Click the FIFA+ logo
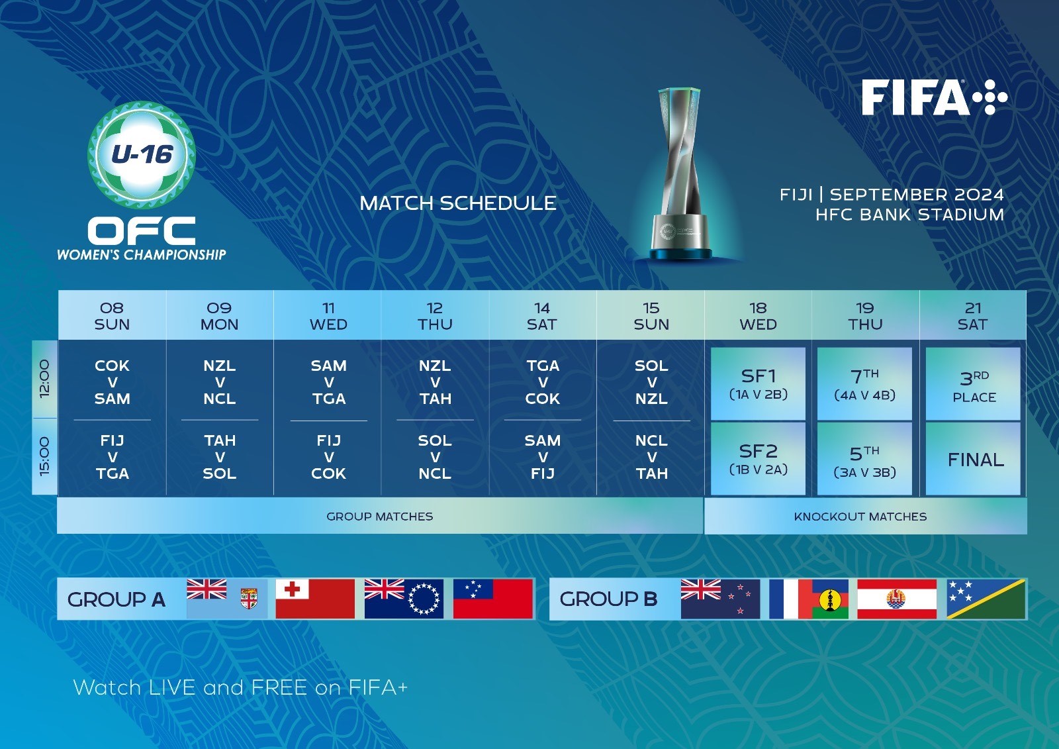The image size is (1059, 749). click(934, 97)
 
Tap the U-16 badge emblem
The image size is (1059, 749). click(142, 155)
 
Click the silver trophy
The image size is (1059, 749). click(681, 174)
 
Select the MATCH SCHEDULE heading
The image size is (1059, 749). click(457, 203)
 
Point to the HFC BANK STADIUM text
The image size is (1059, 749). click(909, 215)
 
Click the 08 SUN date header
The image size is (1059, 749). click(112, 316)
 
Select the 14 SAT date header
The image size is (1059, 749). click(542, 316)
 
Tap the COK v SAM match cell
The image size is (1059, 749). click(112, 382)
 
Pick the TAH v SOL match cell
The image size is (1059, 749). click(219, 457)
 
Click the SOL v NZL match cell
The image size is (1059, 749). click(651, 382)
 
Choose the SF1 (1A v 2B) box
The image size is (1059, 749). click(758, 383)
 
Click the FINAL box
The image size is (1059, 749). click(973, 459)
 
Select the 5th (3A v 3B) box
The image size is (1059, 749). click(864, 459)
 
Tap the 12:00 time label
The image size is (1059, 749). click(44, 379)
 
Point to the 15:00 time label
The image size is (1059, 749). click(44, 456)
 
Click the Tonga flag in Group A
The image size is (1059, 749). click(315, 599)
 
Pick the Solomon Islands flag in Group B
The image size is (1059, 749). click(986, 599)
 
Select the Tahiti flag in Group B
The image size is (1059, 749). click(897, 599)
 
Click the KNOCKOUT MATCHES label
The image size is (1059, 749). click(860, 516)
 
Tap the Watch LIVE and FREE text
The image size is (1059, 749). click(240, 687)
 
